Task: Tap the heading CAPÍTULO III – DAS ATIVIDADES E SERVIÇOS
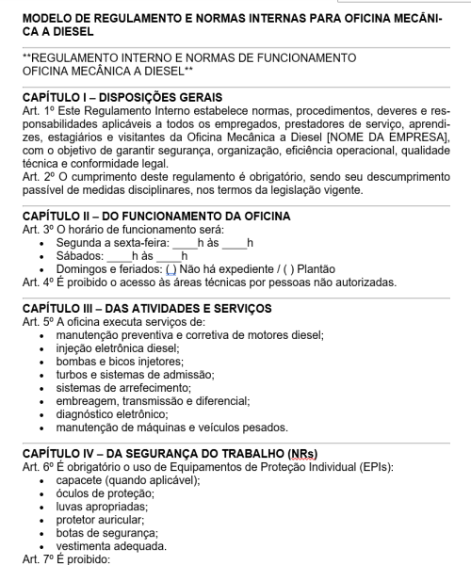click(x=146, y=308)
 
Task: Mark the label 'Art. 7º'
click(x=37, y=558)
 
